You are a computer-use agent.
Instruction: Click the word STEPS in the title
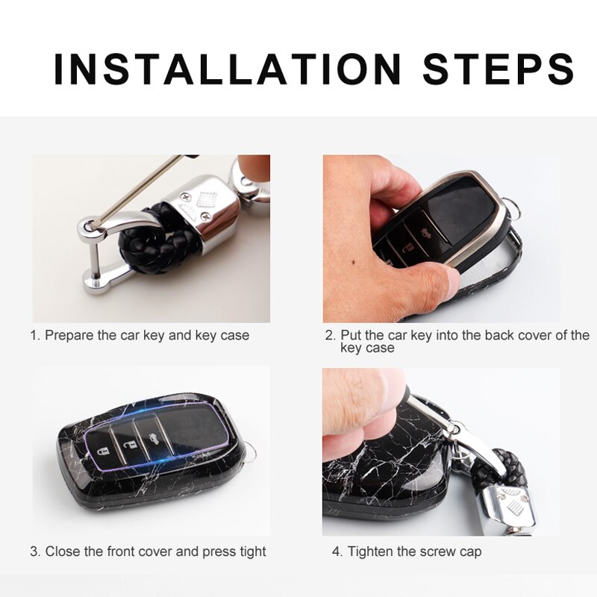(498, 69)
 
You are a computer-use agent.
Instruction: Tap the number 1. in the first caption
(35, 336)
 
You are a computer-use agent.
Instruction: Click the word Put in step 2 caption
(351, 336)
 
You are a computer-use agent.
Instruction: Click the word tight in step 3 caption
(251, 552)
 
